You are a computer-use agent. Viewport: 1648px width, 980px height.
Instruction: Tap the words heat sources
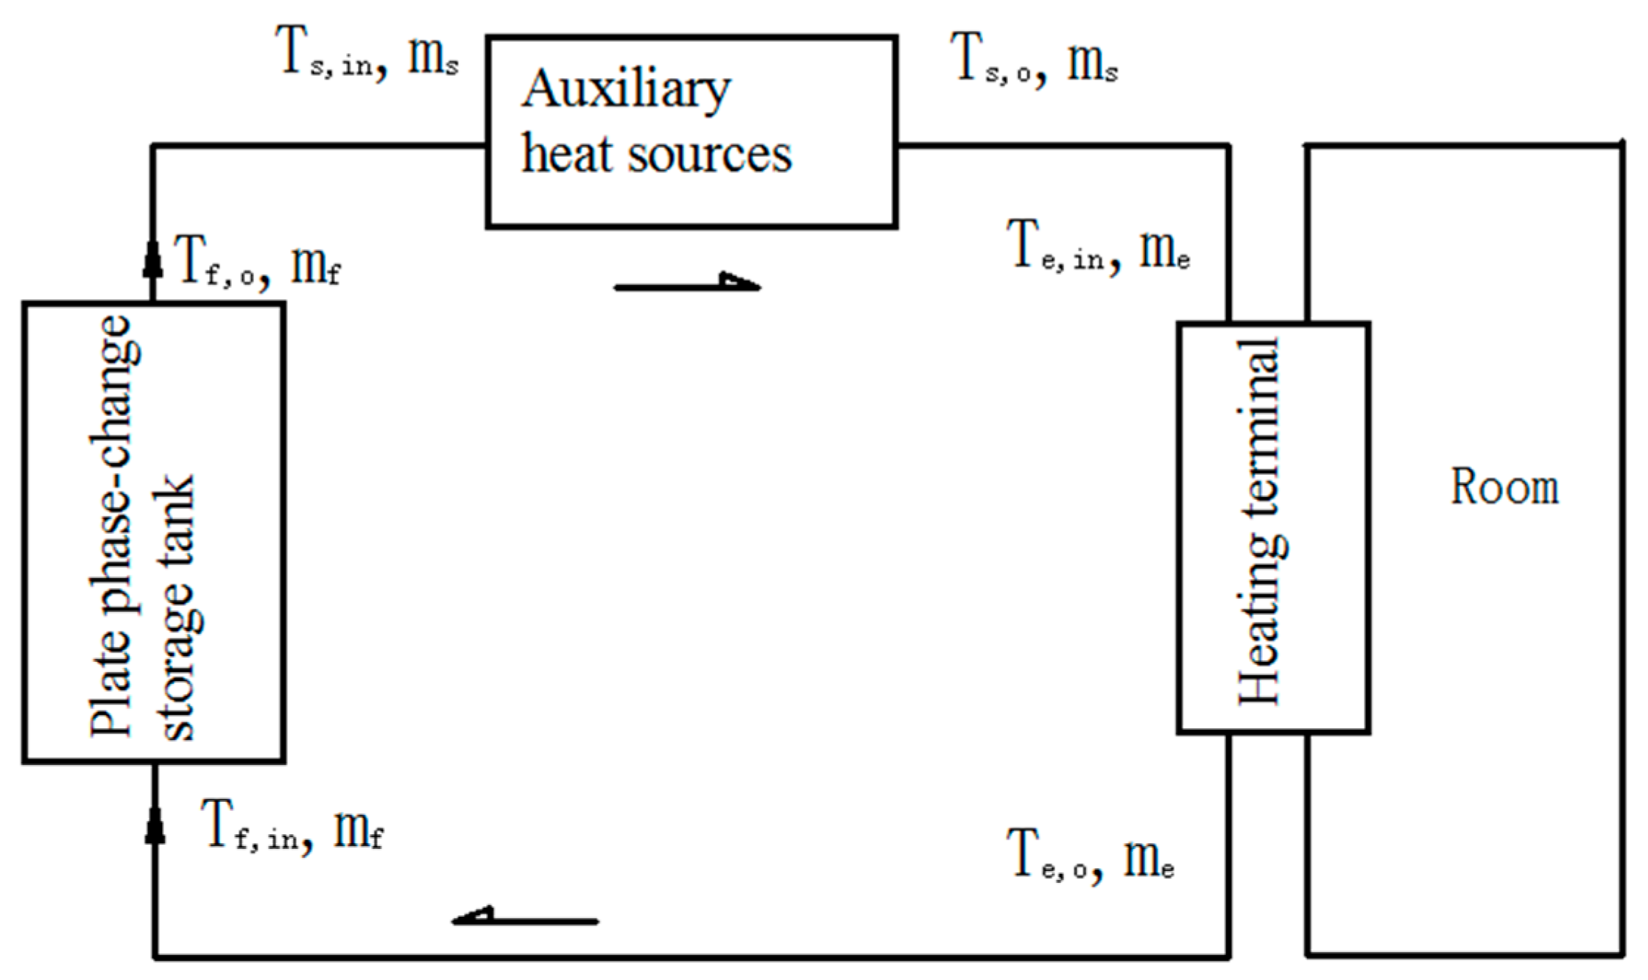point(656,155)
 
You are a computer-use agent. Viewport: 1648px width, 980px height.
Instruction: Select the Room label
point(1504,487)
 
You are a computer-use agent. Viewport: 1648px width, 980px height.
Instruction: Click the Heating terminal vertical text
point(1260,521)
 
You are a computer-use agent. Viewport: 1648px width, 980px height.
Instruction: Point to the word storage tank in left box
point(177,607)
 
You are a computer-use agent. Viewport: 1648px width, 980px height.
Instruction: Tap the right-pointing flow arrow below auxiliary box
point(686,284)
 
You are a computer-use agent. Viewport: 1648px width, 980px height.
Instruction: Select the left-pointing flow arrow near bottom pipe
point(525,918)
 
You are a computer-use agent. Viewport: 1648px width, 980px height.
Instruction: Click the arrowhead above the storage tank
point(152,258)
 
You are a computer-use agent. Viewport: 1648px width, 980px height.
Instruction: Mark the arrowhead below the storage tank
point(155,825)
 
